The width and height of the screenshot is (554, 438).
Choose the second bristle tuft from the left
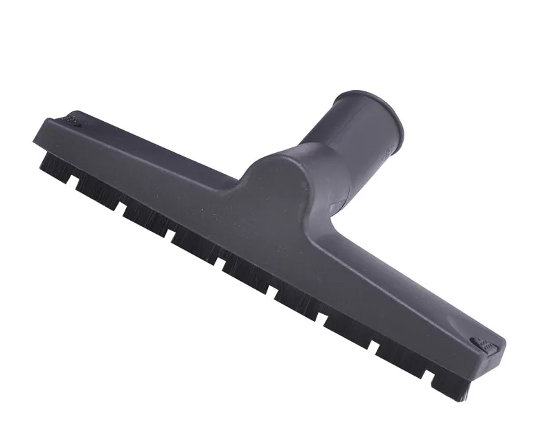click(x=97, y=188)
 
